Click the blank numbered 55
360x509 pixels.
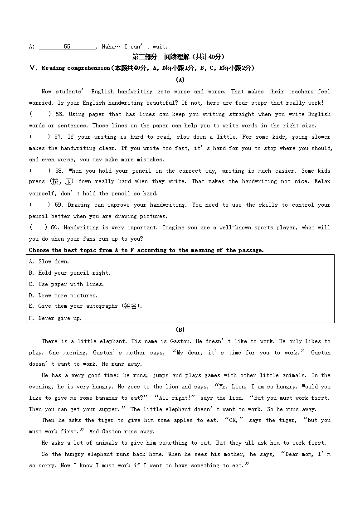point(67,46)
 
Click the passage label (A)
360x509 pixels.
point(180,80)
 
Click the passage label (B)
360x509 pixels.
point(180,330)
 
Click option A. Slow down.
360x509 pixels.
point(49,262)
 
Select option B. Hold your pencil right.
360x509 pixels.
point(69,273)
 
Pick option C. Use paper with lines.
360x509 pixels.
point(66,284)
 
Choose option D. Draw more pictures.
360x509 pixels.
point(63,296)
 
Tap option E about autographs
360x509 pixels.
point(85,306)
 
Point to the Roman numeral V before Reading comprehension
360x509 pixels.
point(32,68)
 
